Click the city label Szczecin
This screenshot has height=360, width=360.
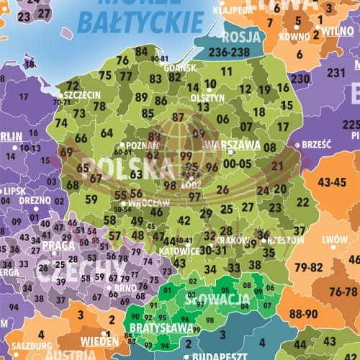[x=81, y=94]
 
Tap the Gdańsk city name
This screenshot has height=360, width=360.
[x=180, y=68]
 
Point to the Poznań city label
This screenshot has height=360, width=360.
[x=141, y=144]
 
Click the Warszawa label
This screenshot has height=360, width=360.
[x=233, y=144]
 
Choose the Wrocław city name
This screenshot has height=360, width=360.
[x=150, y=203]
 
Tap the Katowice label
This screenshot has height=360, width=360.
[x=180, y=251]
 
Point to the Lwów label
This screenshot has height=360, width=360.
[x=334, y=240]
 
